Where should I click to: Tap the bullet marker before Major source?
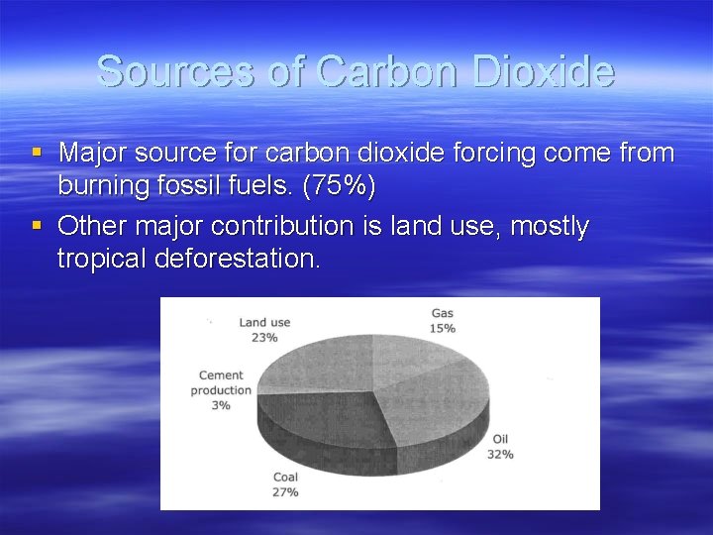click(x=37, y=153)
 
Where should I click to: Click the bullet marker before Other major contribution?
click(x=37, y=226)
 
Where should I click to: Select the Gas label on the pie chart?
click(x=443, y=314)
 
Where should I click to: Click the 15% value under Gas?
click(x=443, y=328)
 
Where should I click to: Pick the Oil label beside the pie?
click(x=500, y=440)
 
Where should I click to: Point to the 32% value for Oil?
click(x=500, y=454)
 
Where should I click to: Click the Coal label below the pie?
click(x=285, y=478)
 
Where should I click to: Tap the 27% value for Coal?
click(x=285, y=491)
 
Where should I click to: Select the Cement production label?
click(x=222, y=382)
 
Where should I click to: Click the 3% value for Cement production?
click(x=220, y=404)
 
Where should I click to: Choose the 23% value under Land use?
click(x=264, y=337)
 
